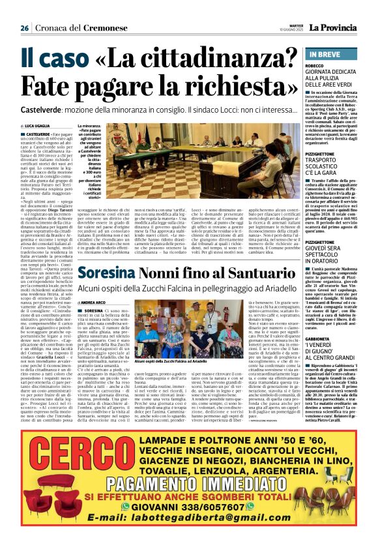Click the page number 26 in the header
[24, 28]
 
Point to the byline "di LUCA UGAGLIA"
[39, 126]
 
